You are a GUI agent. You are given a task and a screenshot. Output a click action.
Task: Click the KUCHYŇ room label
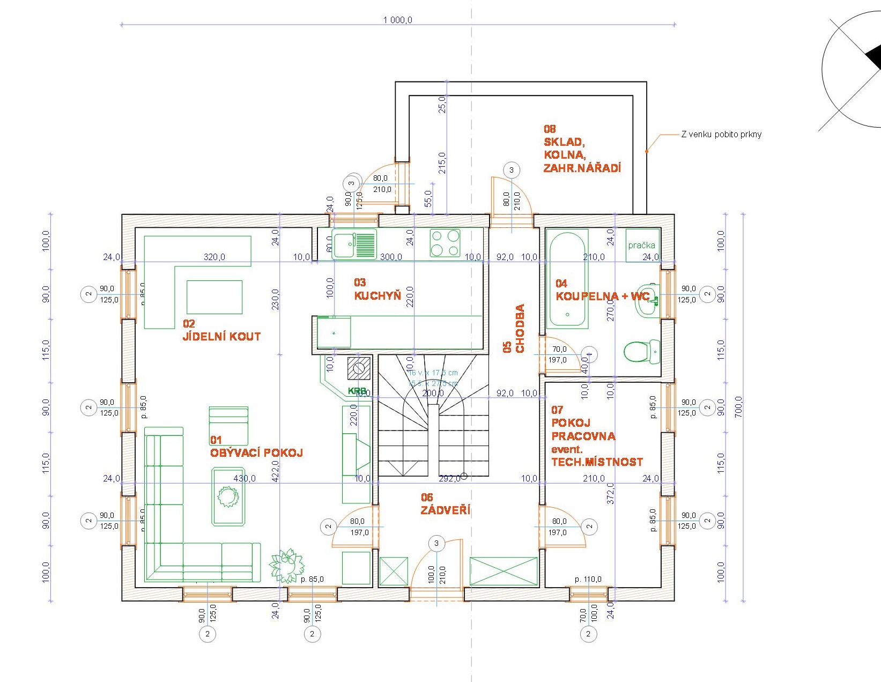pos(377,295)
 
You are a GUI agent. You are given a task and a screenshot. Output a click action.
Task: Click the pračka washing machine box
pos(642,245)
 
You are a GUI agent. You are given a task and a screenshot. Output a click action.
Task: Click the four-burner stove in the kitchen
pos(445,243)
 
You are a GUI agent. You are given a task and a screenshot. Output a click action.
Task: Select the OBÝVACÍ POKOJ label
pos(256,453)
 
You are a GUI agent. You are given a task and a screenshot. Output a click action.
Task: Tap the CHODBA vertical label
pos(520,328)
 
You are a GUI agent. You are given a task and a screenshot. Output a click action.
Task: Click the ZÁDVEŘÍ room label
pos(445,510)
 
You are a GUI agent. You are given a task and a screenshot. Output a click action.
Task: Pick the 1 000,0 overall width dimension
pos(397,20)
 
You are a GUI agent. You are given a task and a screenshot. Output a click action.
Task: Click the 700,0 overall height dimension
pos(738,406)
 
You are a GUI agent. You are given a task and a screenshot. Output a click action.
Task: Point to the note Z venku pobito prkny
pos(721,135)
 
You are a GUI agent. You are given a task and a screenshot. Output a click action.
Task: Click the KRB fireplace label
pos(357,391)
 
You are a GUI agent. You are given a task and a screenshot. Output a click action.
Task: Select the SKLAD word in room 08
pos(564,142)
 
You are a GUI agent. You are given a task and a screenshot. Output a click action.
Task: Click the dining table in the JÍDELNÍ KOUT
pos(214,297)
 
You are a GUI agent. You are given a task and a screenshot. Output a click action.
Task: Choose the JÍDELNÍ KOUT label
pos(221,337)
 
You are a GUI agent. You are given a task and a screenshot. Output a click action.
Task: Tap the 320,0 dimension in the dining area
pos(214,257)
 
